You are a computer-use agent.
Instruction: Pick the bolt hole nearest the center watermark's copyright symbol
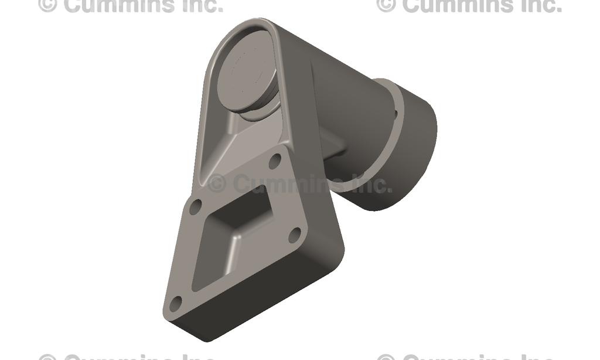click(196, 206)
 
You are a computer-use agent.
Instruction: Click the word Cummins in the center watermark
click(285, 184)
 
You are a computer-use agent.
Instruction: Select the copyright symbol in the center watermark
click(217, 184)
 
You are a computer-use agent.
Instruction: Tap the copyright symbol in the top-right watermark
click(386, 5)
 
